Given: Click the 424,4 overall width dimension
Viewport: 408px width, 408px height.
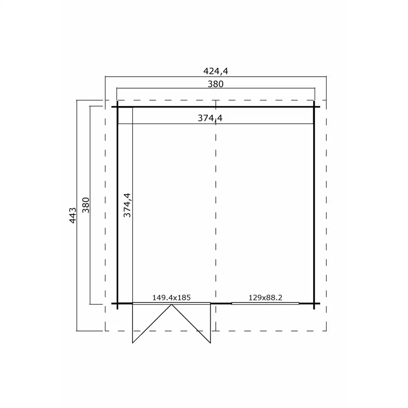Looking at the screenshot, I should tap(216, 71).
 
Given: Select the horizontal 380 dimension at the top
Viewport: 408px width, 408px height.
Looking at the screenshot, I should tap(216, 84).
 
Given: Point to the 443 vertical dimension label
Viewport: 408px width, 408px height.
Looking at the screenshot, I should tap(72, 216).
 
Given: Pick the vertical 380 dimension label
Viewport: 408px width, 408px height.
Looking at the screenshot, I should tap(86, 205).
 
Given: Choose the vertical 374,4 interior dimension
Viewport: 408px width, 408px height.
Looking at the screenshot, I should tap(126, 205).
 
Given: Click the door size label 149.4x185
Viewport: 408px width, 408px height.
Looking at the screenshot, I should tap(171, 297).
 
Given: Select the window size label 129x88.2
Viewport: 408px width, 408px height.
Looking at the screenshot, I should tap(266, 297).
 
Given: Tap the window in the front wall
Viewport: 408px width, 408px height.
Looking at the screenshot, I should tap(266, 303).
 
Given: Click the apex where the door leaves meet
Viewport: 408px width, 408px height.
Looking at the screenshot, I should tap(172, 305).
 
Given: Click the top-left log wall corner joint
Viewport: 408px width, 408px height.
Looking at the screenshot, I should tap(117, 107).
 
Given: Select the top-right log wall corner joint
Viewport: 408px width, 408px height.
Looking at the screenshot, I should tap(314, 107).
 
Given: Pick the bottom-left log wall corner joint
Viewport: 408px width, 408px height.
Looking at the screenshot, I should tap(117, 303).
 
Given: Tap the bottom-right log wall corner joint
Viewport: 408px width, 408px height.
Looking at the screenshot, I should tap(314, 303).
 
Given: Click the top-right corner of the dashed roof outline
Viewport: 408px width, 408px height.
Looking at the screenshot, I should tap(326, 100).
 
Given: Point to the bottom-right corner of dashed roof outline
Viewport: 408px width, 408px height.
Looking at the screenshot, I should tap(326, 330).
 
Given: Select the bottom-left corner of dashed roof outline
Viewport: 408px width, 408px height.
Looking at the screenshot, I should tap(105, 330).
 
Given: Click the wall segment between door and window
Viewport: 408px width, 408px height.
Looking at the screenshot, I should tap(221, 303).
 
